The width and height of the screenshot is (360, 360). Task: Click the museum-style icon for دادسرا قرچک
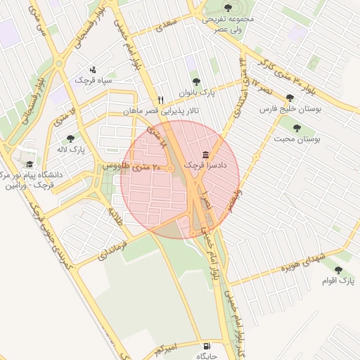click(x=206, y=155)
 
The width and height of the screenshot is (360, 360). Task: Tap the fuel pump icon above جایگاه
click(x=205, y=346)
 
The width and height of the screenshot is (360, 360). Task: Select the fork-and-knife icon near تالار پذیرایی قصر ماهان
click(x=161, y=100)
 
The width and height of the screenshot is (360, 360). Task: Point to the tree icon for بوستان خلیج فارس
click(x=290, y=98)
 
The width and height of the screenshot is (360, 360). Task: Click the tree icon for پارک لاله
click(x=69, y=139)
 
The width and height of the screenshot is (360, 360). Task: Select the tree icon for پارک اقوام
click(x=338, y=270)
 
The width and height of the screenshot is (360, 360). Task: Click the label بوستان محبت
click(x=298, y=140)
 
